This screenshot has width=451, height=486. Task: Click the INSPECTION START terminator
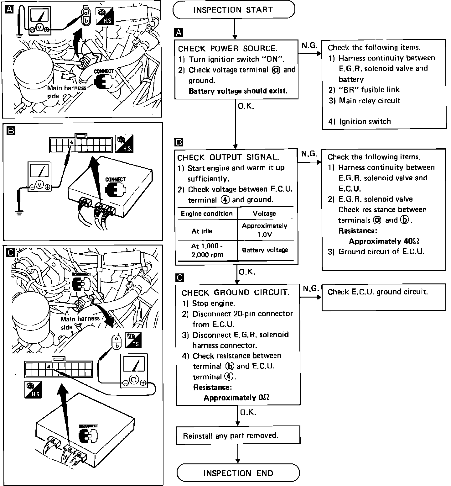tap(234, 10)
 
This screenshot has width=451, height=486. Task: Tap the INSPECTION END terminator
tap(238, 473)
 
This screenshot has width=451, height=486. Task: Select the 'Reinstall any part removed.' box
tap(238, 435)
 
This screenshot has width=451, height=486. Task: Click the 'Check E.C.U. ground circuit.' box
tap(383, 297)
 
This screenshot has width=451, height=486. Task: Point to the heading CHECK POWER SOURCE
tap(228, 49)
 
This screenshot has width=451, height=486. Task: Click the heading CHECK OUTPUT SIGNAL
tap(228, 157)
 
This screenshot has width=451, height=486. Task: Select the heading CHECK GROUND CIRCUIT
tap(236, 293)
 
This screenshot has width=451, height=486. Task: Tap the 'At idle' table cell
tap(202, 231)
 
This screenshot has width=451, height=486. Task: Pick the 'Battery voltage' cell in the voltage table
tap(265, 250)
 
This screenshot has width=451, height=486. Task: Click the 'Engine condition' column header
tap(207, 214)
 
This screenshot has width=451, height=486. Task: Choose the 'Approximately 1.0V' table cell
tap(265, 230)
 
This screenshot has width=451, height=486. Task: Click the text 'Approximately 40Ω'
tap(384, 241)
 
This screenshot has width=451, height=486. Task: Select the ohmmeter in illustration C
tap(134, 371)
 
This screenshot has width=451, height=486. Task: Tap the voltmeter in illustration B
tap(39, 176)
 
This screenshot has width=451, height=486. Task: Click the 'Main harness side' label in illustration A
tap(66, 92)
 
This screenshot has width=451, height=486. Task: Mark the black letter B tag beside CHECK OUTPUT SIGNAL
tap(179, 143)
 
